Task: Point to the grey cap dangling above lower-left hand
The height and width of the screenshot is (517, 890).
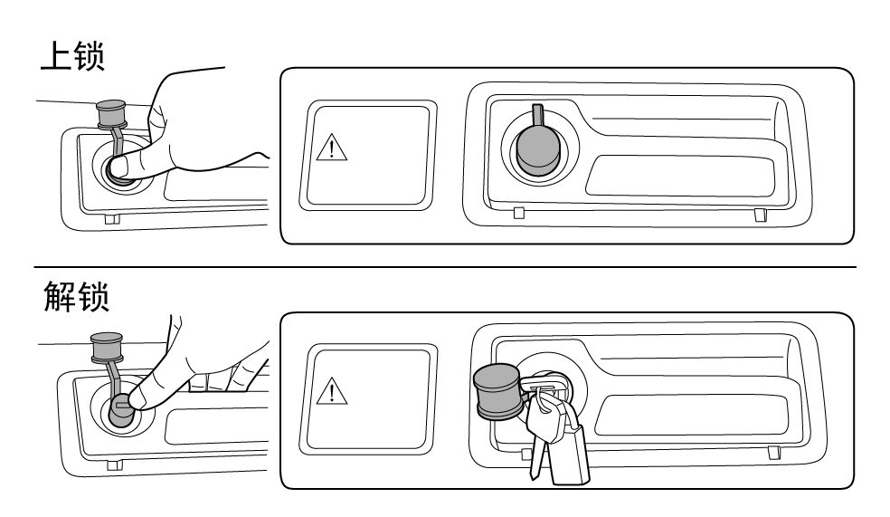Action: point(107,348)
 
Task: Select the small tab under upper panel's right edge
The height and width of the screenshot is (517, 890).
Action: point(760,215)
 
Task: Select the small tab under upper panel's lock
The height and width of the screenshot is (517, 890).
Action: point(518,213)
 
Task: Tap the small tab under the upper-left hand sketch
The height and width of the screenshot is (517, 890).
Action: point(111,217)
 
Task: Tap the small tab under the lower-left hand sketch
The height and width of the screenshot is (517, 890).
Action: point(115,464)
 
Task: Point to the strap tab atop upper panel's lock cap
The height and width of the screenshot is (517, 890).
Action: point(537,116)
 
